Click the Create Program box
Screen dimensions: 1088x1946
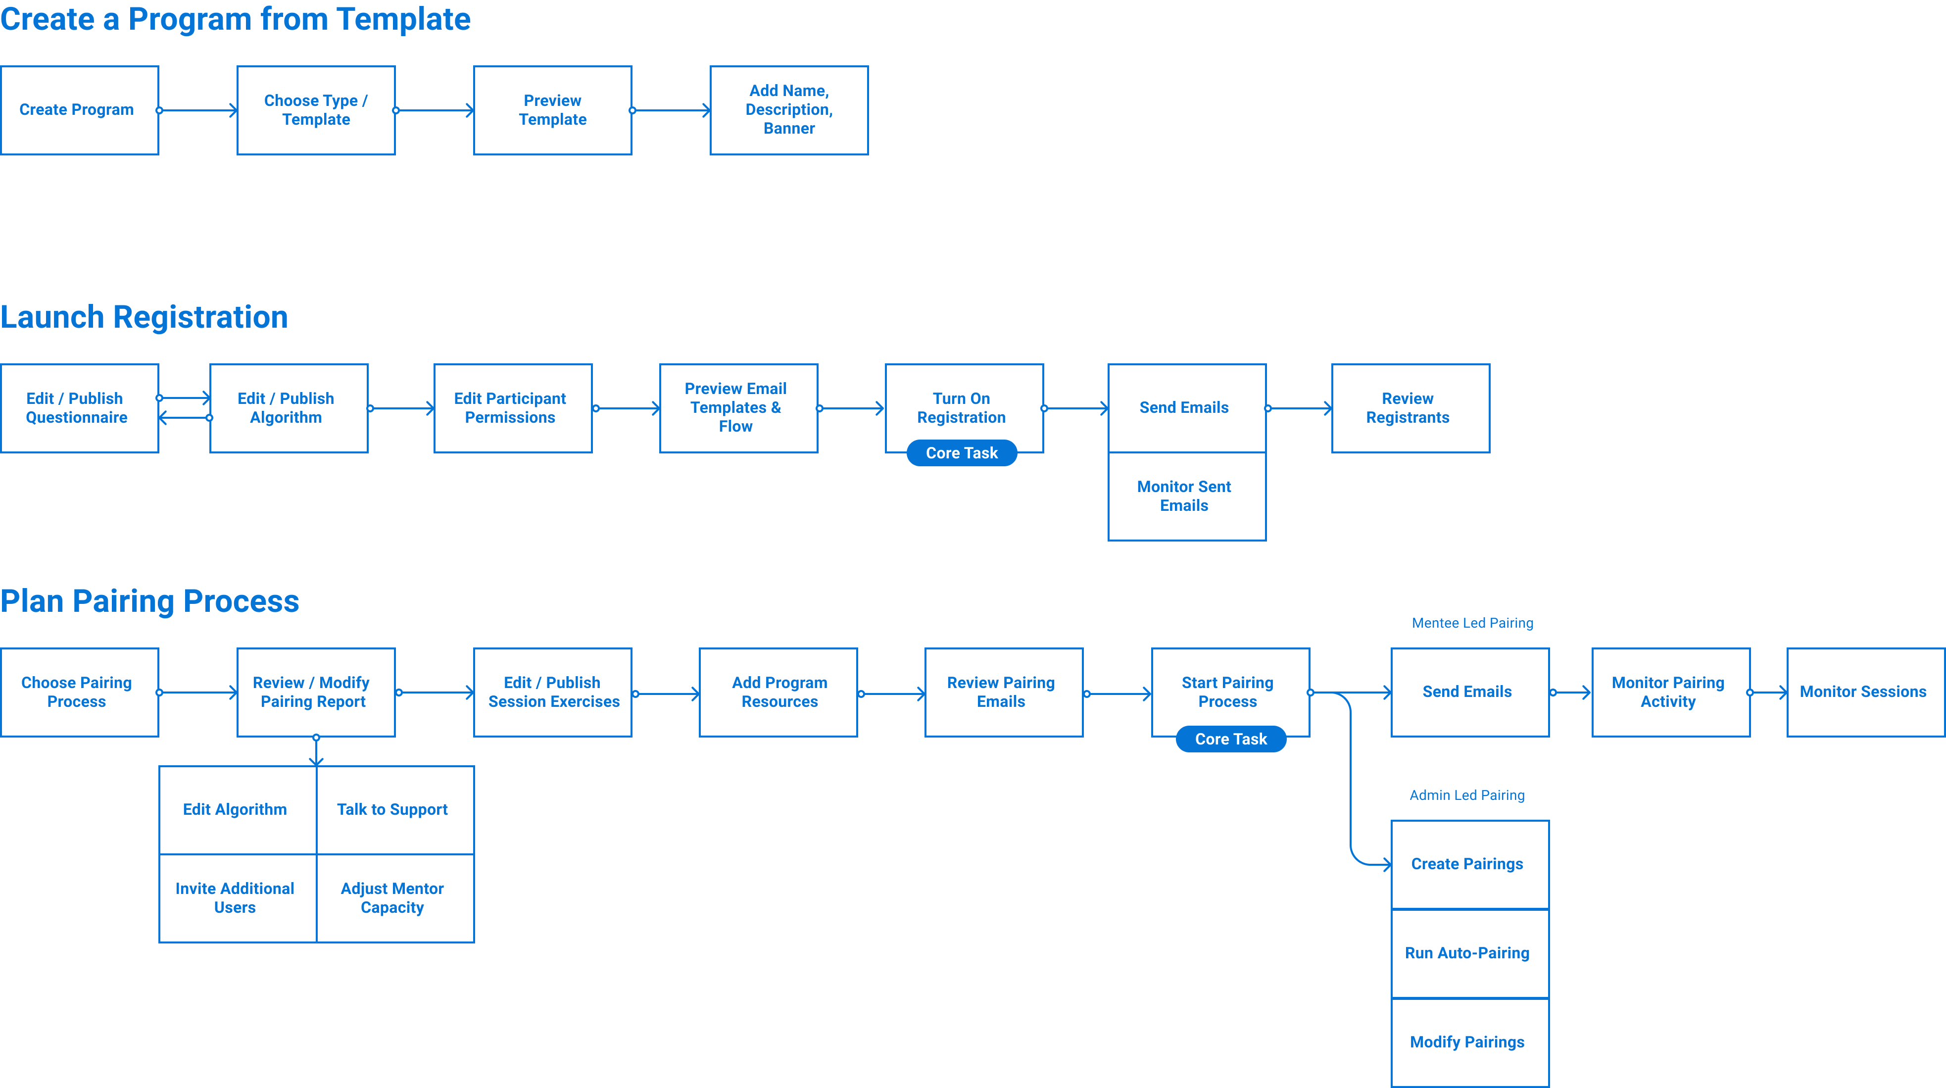tap(79, 110)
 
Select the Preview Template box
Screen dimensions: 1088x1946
tap(552, 110)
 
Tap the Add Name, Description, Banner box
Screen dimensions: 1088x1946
tap(789, 110)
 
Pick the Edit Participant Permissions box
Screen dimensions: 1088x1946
tap(512, 408)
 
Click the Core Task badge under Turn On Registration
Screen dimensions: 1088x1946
tap(961, 453)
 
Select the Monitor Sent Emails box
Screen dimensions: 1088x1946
tap(1186, 496)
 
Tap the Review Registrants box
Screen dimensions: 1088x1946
tap(1410, 408)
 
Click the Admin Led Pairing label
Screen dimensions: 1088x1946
tap(1466, 795)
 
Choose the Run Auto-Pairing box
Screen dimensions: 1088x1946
tap(1469, 953)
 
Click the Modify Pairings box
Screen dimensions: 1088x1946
tap(1469, 1042)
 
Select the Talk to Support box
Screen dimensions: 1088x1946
tap(394, 810)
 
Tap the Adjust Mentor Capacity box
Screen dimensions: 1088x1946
tap(394, 898)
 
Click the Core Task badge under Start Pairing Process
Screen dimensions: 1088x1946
tap(1231, 740)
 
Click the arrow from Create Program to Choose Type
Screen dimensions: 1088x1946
tap(198, 111)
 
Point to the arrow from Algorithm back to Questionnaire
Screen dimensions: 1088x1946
tap(184, 418)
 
